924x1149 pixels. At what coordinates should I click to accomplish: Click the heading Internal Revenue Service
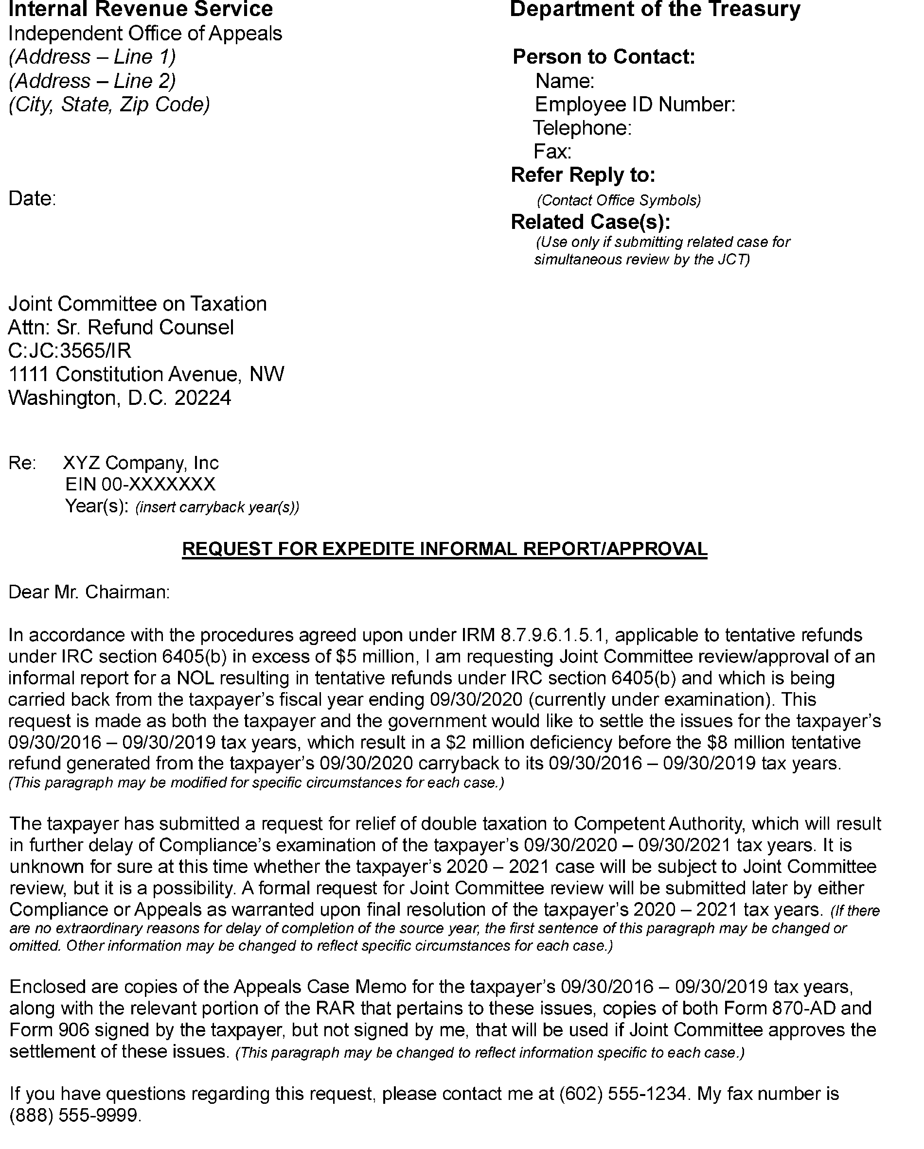(140, 10)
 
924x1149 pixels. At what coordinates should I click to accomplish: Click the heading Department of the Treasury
(655, 10)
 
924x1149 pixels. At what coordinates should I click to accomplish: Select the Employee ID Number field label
(635, 104)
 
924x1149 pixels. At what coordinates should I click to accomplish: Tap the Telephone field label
(582, 128)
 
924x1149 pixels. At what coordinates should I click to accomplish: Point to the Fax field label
(552, 152)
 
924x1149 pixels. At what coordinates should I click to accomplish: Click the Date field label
(32, 199)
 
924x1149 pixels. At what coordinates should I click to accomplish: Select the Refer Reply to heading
(583, 175)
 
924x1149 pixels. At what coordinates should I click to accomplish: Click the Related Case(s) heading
(590, 222)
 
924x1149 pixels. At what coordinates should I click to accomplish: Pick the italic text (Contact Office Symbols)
(619, 200)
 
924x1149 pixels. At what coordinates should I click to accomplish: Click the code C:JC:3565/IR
(70, 350)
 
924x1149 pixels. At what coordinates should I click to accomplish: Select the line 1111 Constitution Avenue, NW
(146, 374)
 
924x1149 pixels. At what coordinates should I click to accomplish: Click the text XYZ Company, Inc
(141, 463)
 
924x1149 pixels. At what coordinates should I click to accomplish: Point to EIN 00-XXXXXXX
(140, 485)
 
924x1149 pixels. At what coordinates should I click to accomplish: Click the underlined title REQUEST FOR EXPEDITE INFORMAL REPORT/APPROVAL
(444, 549)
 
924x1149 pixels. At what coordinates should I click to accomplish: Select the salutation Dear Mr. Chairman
(89, 592)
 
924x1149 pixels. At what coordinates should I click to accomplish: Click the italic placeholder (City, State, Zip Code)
(109, 104)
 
